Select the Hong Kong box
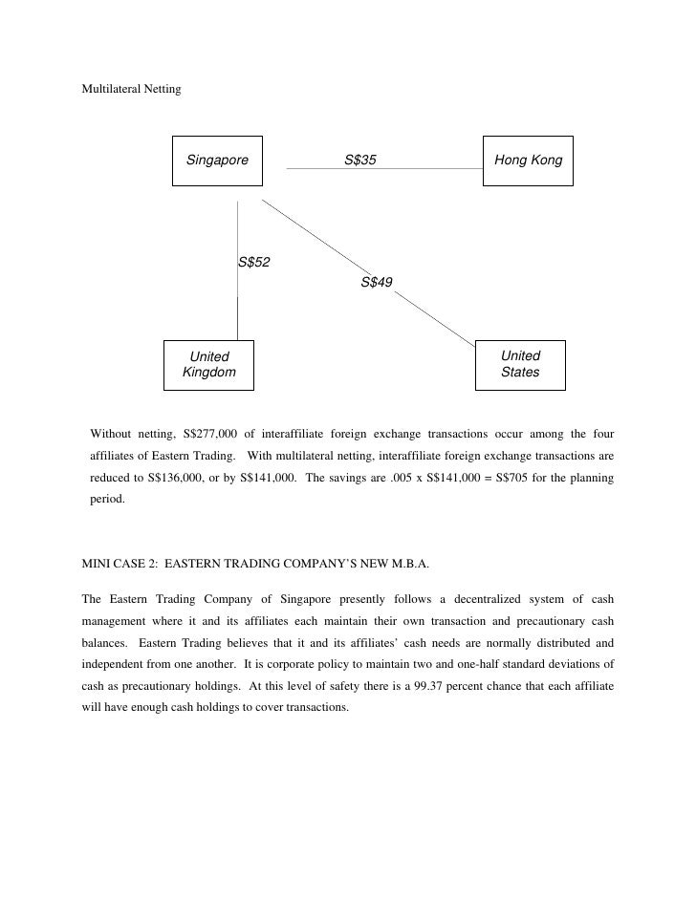(529, 161)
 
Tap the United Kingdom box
(208, 365)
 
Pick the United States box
(520, 365)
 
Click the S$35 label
(360, 161)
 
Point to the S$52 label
(253, 263)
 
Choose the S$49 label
(377, 282)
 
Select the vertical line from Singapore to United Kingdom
(237, 306)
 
